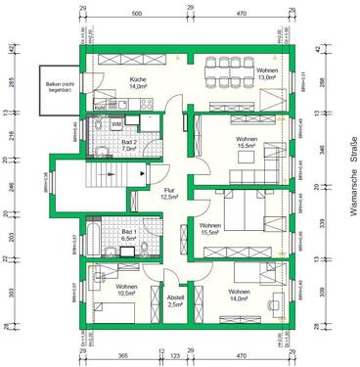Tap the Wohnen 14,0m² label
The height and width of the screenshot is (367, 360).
(240, 296)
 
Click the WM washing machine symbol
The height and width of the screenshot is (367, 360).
(116, 124)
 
